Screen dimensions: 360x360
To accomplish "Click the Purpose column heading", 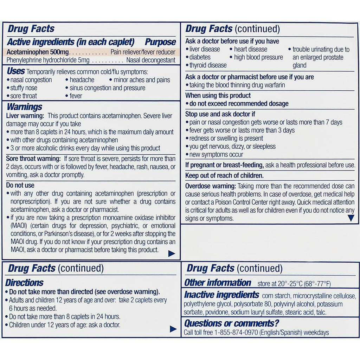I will (160, 42).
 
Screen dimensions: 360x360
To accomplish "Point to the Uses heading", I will (15, 71).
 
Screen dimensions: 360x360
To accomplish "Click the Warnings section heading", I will (24, 107).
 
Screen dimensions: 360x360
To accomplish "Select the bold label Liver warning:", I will (25, 116).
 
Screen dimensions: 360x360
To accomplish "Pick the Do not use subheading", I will (20, 185).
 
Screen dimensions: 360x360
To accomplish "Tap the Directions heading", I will (24, 283).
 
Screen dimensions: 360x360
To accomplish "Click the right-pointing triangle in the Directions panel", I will (173, 329).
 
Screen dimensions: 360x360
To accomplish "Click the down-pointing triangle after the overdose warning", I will (351, 218).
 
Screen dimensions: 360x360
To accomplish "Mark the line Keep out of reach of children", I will (224, 175).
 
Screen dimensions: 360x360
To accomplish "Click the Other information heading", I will (218, 283).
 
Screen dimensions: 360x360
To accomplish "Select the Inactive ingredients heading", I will (221, 295).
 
